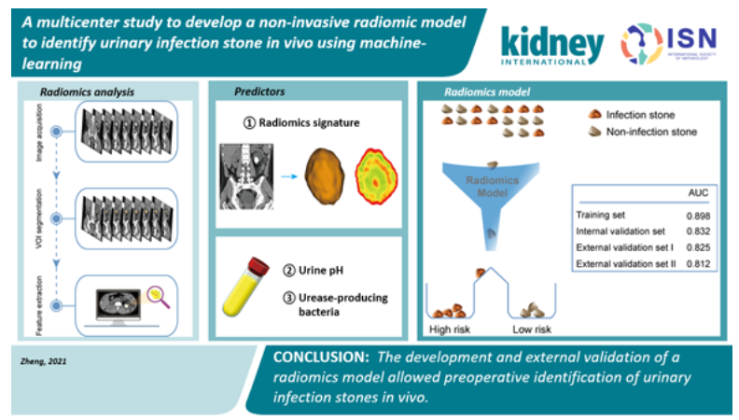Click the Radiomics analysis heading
[x=87, y=91]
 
